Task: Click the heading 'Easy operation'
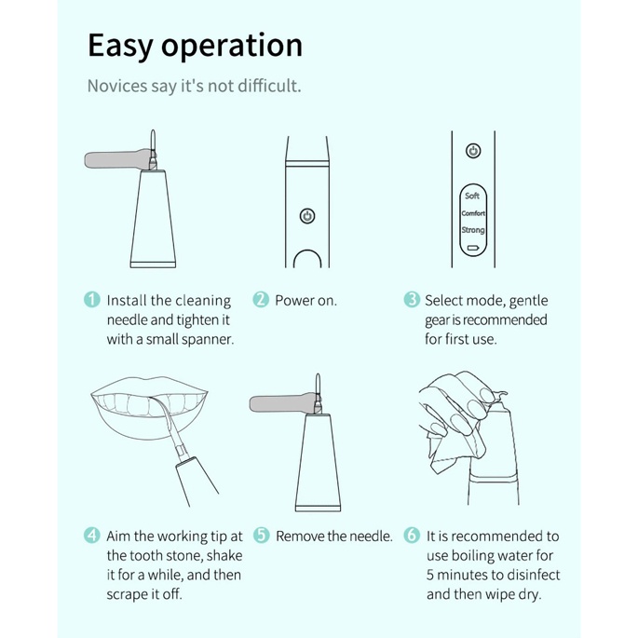[x=195, y=46]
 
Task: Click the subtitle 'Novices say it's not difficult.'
[x=195, y=86]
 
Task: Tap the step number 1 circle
[x=92, y=300]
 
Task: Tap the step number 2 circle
[x=261, y=300]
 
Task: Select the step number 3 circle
[x=412, y=300]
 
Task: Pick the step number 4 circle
[x=92, y=535]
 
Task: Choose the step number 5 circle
[x=261, y=535]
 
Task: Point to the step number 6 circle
[x=412, y=535]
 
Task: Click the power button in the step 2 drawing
[x=307, y=216]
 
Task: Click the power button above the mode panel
[x=473, y=151]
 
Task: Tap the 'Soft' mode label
[x=472, y=196]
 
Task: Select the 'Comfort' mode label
[x=473, y=213]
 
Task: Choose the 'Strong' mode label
[x=473, y=230]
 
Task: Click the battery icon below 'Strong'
[x=473, y=248]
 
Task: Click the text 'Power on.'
[x=306, y=301]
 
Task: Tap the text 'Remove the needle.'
[x=334, y=536]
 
